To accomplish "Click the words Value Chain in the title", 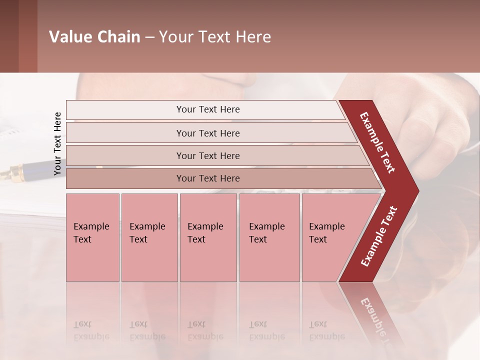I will (94, 37).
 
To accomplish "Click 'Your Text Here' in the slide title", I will (215, 37).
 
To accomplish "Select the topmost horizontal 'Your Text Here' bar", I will (207, 109).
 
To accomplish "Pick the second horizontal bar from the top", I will (207, 133).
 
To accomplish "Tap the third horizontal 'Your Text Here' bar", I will (207, 155).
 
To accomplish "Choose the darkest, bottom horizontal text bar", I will (207, 178).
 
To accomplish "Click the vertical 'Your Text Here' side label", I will (57, 143).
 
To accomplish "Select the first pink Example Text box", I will (92, 237).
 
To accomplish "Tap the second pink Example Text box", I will (149, 237).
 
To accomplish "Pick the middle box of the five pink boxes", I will (208, 237).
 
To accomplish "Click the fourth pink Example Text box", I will (269, 237).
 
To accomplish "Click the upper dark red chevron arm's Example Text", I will (377, 142).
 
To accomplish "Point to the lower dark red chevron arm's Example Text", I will (378, 236).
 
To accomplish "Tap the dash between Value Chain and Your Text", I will (149, 37).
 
